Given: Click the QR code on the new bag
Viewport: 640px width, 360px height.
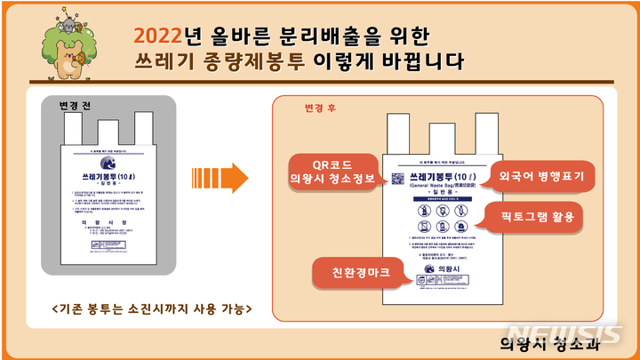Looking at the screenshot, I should (x=396, y=178).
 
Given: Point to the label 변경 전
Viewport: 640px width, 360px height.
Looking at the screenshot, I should (x=76, y=104).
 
